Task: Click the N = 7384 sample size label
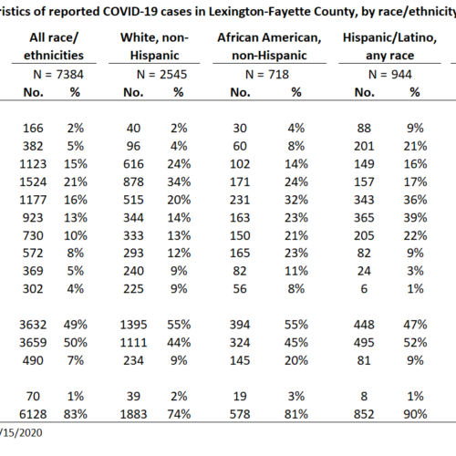click(x=58, y=75)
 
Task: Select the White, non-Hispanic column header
click(x=154, y=47)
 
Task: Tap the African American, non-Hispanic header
click(x=269, y=47)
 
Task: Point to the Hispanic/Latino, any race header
click(x=389, y=47)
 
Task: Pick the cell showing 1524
click(x=33, y=182)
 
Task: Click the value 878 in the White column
click(x=133, y=182)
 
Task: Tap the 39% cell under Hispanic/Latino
click(x=415, y=218)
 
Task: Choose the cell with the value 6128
click(x=33, y=414)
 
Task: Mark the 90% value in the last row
click(x=415, y=414)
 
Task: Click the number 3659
click(x=33, y=343)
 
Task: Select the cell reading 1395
click(x=133, y=325)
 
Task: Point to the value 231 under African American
click(x=240, y=200)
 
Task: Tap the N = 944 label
click(x=390, y=75)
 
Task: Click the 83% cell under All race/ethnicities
click(x=76, y=414)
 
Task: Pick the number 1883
click(x=133, y=414)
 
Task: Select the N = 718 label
click(x=267, y=75)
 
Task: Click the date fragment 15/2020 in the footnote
click(x=22, y=432)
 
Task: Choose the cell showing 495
click(x=364, y=343)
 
